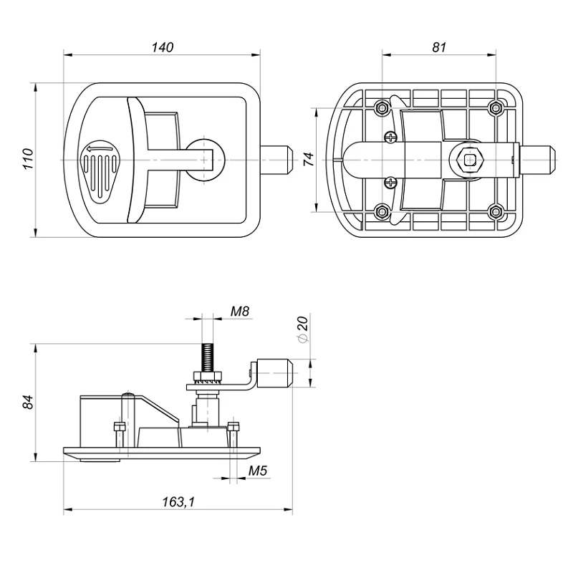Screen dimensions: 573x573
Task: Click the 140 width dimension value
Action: pos(163,47)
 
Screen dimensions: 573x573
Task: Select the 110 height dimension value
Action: pos(28,158)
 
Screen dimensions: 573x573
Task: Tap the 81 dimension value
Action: pos(439,47)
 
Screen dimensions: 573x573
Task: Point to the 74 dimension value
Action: pos(309,159)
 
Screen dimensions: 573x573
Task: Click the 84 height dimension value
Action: pos(28,403)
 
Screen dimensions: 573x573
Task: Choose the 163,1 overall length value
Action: pos(178,502)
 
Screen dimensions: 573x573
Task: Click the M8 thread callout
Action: pos(240,312)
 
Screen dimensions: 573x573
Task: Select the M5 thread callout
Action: pos(258,471)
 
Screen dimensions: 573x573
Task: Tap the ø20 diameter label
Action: pos(303,329)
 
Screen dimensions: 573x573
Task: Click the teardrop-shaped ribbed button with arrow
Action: pos(99,170)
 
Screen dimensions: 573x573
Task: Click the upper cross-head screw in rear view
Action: pos(390,138)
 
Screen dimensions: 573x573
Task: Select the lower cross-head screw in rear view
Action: pos(390,183)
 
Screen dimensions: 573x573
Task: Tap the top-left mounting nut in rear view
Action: pos(382,108)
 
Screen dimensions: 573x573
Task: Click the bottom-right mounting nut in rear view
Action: pos(496,211)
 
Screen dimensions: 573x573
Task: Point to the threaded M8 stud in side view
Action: pos(207,357)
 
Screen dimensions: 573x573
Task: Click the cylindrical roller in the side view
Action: pos(274,372)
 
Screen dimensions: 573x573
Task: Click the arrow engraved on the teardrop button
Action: pos(99,149)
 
